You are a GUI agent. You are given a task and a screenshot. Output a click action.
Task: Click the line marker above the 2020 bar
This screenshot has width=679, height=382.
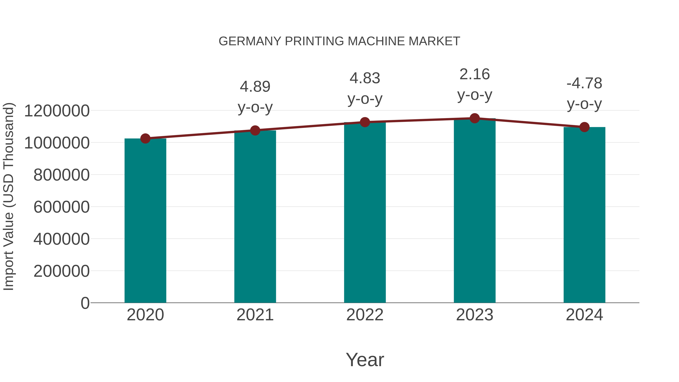(x=145, y=138)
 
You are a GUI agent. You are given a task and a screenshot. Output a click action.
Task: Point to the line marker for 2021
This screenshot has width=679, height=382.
(x=255, y=130)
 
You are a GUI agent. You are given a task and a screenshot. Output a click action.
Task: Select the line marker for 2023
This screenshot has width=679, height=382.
(x=475, y=118)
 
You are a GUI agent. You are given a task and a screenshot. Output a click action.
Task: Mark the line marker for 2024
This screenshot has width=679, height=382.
(x=584, y=127)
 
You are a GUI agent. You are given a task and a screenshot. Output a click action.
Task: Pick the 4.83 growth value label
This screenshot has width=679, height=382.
(x=365, y=78)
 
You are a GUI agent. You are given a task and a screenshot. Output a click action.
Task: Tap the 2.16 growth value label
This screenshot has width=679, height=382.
(x=475, y=74)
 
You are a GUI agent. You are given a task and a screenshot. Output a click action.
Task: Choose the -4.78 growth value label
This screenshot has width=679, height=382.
(x=584, y=83)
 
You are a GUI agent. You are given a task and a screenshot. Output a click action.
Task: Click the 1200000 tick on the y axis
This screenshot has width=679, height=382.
(x=57, y=111)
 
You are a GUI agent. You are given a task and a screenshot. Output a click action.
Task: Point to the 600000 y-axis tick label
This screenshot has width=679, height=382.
(x=61, y=207)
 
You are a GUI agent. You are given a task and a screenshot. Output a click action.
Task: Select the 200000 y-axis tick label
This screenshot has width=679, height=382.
(x=61, y=271)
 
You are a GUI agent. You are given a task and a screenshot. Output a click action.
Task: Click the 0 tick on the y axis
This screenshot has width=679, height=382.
(x=85, y=303)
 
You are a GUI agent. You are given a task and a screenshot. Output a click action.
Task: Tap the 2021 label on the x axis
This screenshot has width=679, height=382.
(x=255, y=315)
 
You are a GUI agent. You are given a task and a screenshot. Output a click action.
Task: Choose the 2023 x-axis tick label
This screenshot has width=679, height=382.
(x=475, y=315)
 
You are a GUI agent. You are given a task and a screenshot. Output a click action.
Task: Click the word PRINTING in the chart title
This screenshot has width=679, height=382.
(x=314, y=41)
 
